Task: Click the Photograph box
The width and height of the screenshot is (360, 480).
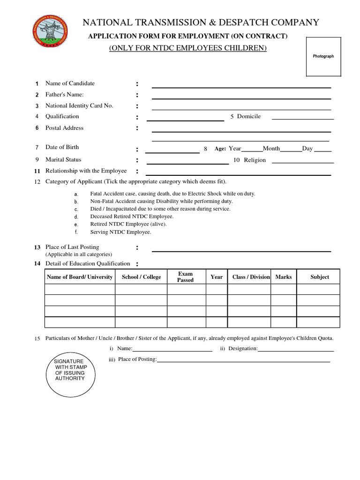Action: click(323, 57)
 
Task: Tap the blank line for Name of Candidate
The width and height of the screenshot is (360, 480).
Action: click(241, 87)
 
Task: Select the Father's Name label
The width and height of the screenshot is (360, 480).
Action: click(65, 95)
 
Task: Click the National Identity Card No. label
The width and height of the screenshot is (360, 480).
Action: click(79, 106)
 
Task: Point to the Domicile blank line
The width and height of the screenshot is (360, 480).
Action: click(303, 119)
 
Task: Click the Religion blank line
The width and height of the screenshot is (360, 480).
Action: click(303, 162)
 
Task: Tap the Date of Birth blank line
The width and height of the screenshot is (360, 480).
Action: click(172, 152)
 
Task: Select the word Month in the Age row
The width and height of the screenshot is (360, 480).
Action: click(271, 149)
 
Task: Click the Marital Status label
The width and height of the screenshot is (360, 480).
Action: click(63, 160)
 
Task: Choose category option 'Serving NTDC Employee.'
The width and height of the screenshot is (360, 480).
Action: click(120, 232)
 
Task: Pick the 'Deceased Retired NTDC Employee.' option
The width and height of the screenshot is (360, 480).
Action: click(132, 217)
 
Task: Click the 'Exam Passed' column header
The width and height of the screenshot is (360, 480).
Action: click(185, 277)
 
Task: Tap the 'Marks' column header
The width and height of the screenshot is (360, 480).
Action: click(284, 277)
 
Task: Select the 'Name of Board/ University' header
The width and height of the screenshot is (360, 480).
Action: click(80, 277)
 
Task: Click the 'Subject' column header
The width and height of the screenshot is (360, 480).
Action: click(320, 277)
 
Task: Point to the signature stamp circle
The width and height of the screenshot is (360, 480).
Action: click(70, 375)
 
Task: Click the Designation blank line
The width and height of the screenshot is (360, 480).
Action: click(296, 351)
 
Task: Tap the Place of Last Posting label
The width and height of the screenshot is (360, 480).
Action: click(72, 247)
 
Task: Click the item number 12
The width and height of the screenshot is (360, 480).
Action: click(37, 182)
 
